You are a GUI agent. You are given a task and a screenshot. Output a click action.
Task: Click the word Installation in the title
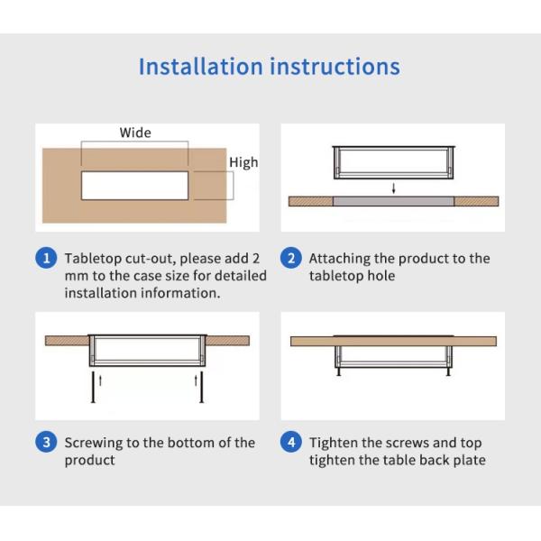click(x=200, y=66)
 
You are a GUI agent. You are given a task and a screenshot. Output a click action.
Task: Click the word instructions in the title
click(x=335, y=66)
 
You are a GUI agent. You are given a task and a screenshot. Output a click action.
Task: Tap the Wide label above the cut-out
click(x=135, y=133)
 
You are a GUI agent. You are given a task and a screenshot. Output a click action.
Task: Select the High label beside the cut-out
click(x=243, y=162)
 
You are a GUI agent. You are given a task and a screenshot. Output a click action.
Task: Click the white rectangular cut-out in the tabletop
click(x=135, y=186)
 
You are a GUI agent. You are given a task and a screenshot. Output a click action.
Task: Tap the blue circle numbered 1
click(x=46, y=258)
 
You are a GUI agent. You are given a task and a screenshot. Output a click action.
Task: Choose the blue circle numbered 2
click(x=291, y=258)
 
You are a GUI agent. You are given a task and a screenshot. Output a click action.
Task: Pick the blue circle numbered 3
click(x=46, y=443)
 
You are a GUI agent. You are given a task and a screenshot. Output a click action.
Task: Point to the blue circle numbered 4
click(x=291, y=443)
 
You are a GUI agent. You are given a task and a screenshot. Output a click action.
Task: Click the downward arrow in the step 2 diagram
click(x=394, y=188)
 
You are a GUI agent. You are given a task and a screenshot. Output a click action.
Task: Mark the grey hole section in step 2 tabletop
click(x=393, y=201)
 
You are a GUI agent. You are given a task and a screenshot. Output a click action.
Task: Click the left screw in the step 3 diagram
click(x=93, y=387)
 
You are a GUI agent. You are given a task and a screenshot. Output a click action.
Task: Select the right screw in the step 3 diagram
click(x=202, y=387)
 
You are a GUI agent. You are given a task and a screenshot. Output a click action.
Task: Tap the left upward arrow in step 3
click(x=100, y=381)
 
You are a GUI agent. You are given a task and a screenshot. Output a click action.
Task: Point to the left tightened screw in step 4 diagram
click(x=339, y=371)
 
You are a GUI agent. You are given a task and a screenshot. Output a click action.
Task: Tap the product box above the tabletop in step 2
click(x=394, y=162)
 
